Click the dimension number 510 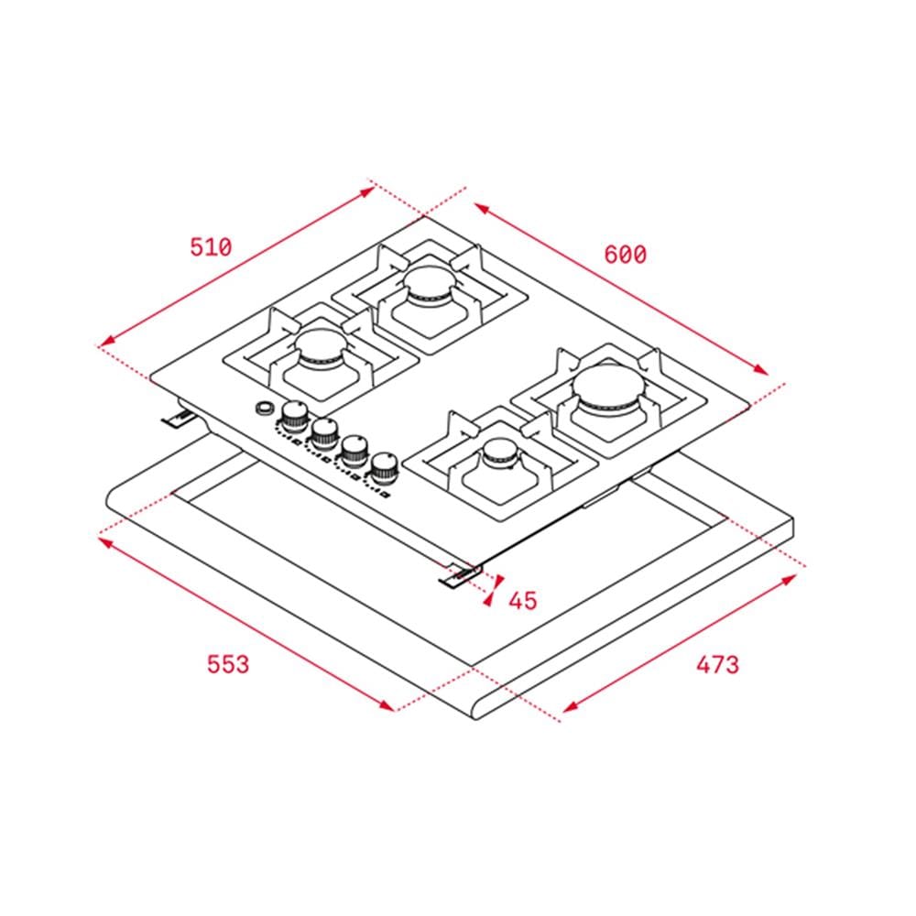click(211, 247)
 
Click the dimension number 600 click(625, 255)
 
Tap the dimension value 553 click(228, 664)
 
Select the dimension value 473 click(717, 664)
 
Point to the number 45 click(523, 601)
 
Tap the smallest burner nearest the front click(499, 453)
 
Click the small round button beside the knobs click(265, 408)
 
